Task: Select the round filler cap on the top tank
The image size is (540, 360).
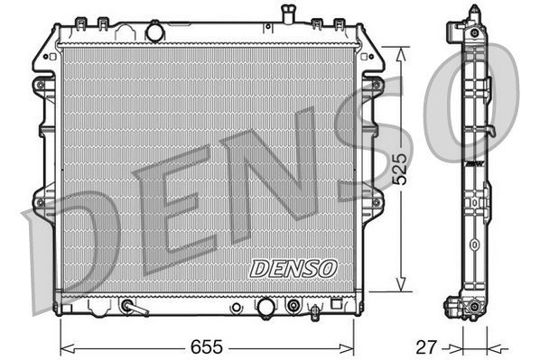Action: tap(154, 32)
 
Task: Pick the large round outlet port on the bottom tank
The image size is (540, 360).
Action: tap(265, 308)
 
